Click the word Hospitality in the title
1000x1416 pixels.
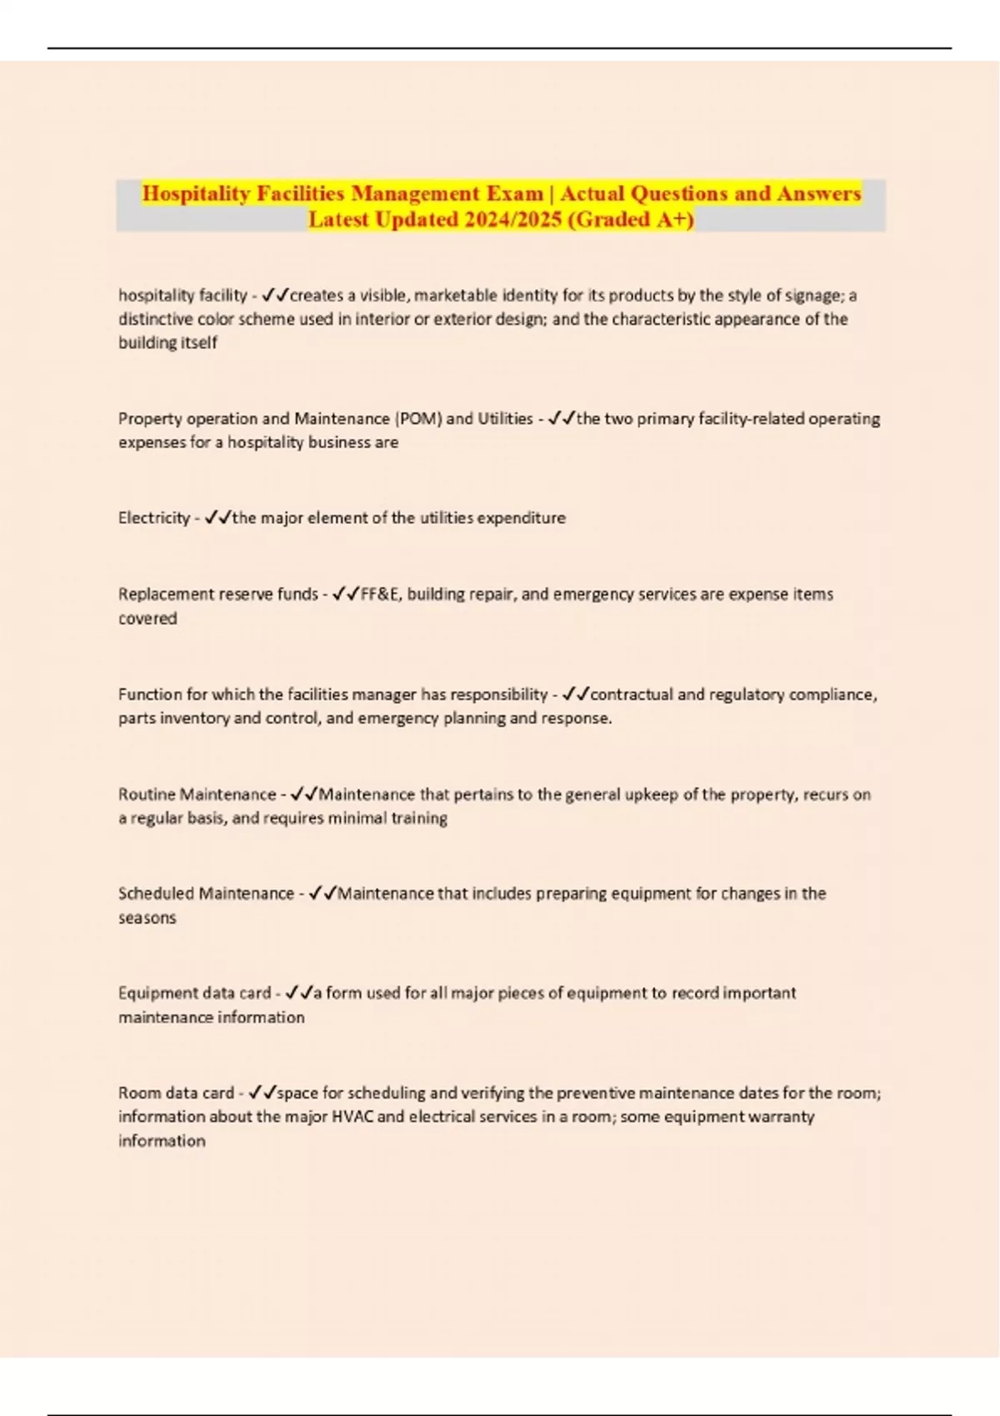pos(196,193)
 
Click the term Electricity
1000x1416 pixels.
pos(154,518)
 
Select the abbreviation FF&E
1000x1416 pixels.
pos(379,594)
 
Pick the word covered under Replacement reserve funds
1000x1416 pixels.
pos(147,618)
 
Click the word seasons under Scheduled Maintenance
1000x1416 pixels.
pos(147,917)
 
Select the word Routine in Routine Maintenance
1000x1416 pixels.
pos(147,794)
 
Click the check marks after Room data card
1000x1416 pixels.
pos(262,1092)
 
